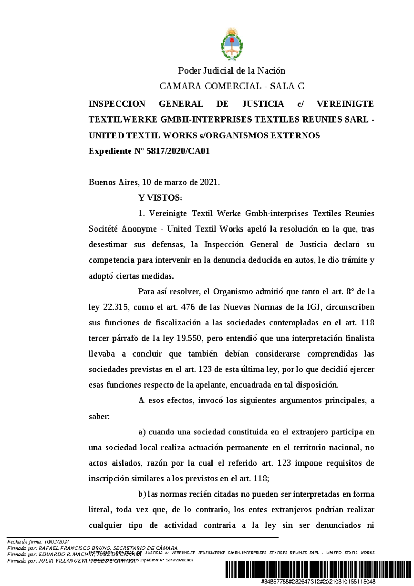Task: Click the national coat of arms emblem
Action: coord(232,44)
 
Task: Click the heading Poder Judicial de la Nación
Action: coord(231,71)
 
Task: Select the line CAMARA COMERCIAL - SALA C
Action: coord(231,86)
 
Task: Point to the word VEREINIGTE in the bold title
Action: coord(345,104)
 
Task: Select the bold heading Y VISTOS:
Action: coord(160,198)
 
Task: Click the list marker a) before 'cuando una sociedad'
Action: coord(142,432)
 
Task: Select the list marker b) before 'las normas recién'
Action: coord(142,494)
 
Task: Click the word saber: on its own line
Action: coord(99,416)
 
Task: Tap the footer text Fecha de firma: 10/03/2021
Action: coord(39,541)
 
